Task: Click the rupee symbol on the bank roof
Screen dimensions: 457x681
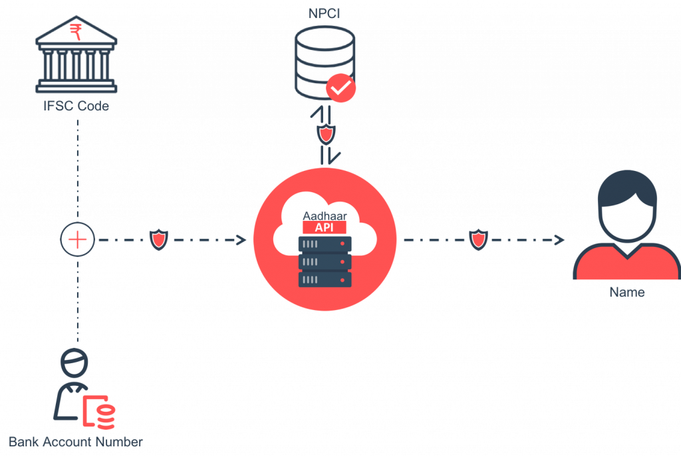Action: [76, 29]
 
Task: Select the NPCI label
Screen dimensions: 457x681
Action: [326, 12]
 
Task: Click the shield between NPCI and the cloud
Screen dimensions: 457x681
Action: [326, 135]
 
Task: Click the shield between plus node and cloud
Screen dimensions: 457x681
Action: [158, 239]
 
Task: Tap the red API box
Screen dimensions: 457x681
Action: [325, 228]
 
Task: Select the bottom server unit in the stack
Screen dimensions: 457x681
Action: [325, 279]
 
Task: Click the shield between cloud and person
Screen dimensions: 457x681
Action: [477, 239]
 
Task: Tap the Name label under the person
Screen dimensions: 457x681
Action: [627, 292]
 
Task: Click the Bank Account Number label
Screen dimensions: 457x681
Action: [75, 441]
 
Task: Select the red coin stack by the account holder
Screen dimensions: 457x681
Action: [104, 414]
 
